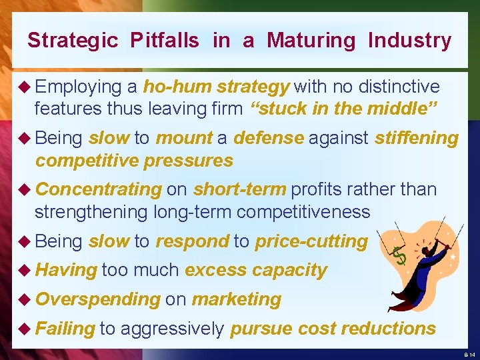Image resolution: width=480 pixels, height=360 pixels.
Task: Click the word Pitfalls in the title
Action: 165,41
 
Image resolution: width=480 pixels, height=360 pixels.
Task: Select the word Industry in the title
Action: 409,41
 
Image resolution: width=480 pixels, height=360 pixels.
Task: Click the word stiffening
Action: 417,138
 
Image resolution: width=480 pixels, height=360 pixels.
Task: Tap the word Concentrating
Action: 99,189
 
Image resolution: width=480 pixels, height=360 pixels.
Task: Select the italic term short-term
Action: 239,189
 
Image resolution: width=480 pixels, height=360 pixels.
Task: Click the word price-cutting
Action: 311,241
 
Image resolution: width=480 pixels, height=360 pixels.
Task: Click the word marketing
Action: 236,299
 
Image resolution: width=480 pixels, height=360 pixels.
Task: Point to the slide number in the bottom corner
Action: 468,354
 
